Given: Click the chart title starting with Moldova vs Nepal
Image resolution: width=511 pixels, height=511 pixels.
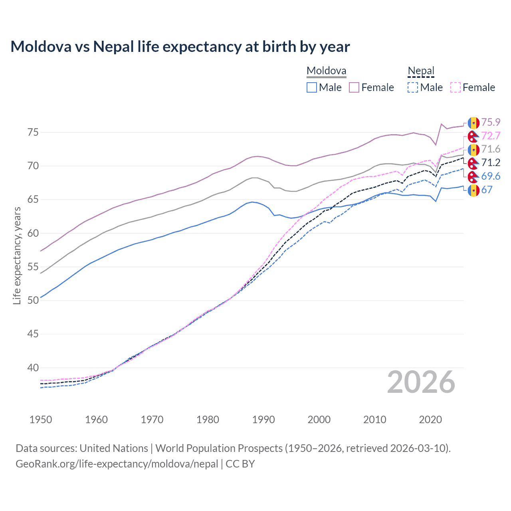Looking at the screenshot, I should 180,47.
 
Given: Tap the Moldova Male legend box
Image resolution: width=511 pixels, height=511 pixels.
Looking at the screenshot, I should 312,87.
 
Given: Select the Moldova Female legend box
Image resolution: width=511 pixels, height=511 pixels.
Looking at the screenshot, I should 354,87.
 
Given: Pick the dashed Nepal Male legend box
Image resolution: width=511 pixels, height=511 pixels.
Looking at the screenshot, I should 413,87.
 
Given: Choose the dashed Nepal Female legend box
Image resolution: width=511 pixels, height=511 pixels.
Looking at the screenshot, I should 456,87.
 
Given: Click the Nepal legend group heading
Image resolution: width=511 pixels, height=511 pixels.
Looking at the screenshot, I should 421,71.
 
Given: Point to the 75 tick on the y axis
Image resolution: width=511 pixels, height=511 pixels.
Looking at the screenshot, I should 33,132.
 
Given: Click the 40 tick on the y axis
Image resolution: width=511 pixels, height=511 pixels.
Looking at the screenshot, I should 33,368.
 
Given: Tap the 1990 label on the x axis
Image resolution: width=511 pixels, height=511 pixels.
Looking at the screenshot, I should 263,420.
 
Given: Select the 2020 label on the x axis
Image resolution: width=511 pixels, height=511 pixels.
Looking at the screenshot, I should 430,420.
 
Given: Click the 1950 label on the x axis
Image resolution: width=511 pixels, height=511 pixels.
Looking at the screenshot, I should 41,420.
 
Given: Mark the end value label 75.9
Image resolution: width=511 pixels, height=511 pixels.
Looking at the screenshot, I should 491,122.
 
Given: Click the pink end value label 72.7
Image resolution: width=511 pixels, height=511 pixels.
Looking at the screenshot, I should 491,136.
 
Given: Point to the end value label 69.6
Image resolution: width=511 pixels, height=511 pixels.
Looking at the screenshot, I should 491,176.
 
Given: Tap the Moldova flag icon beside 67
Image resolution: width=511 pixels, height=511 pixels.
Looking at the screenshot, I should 473,190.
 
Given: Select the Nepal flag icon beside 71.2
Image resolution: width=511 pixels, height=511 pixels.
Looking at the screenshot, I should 473,163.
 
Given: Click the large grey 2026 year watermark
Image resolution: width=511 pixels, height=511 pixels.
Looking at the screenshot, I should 421,382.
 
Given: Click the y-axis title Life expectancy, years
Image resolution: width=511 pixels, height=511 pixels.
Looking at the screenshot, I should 17,255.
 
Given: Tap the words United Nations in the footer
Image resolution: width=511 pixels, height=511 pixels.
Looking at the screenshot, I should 114,448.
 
